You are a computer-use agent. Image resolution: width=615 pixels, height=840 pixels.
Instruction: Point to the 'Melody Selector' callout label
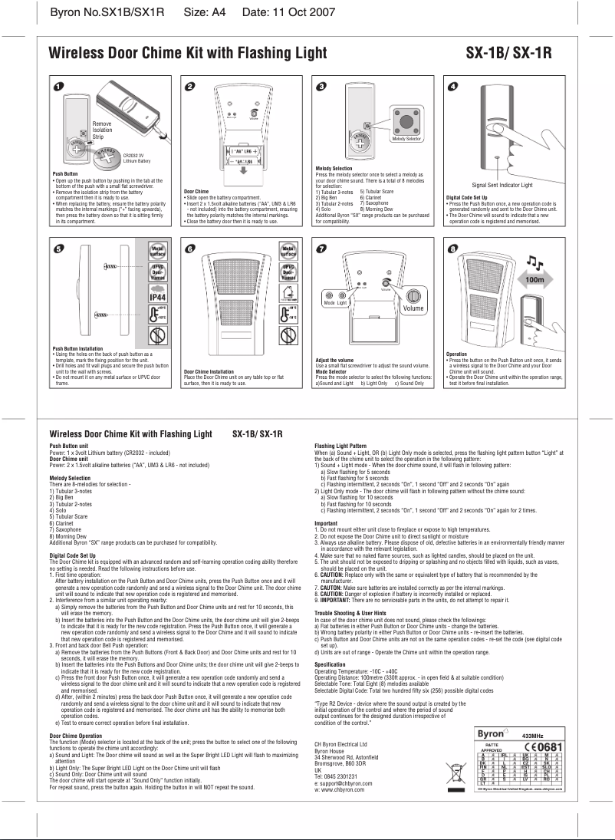[409, 139]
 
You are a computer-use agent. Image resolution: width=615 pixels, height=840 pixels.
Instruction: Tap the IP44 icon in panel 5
[159, 298]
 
